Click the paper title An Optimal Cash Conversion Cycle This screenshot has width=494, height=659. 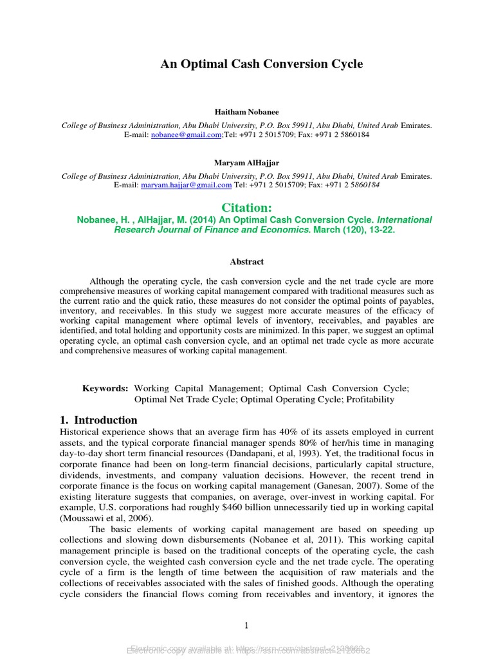tap(261, 64)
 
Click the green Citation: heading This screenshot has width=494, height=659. tap(247, 207)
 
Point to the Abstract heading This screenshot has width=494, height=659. tap(247, 262)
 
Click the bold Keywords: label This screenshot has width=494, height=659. tap(105, 389)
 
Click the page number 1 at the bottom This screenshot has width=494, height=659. tap(246, 626)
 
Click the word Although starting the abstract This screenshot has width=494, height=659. tap(111, 282)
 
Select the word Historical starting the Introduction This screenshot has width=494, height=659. tap(82, 432)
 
